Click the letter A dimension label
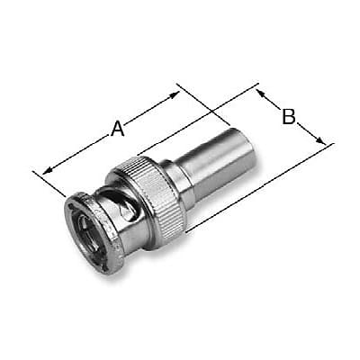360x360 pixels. tap(117, 129)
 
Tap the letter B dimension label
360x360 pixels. tap(288, 115)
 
